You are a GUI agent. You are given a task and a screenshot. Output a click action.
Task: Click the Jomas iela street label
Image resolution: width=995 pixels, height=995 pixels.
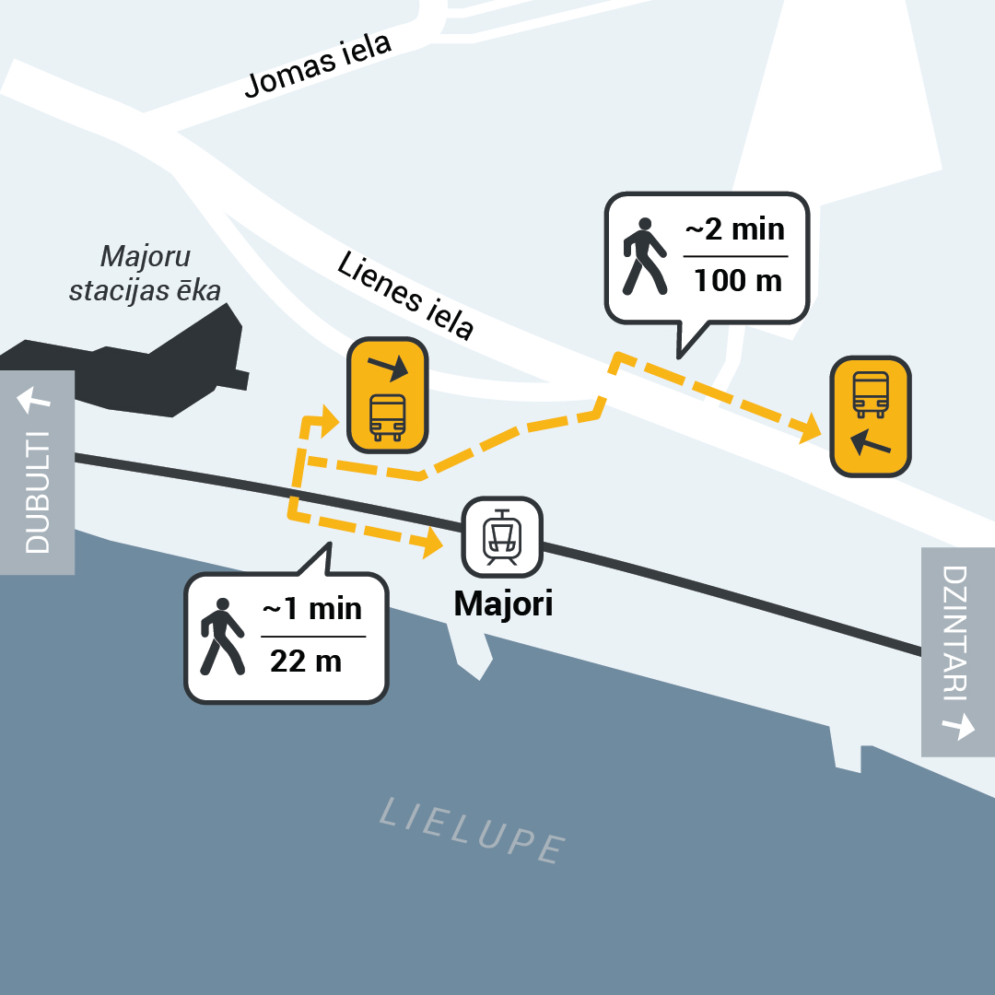click(319, 65)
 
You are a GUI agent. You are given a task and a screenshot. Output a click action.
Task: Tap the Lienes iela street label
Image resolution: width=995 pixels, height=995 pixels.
click(405, 295)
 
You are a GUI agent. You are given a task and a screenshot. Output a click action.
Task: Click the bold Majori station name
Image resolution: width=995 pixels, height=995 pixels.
click(503, 603)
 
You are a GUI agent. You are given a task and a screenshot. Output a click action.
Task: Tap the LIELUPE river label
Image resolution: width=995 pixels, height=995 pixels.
click(473, 830)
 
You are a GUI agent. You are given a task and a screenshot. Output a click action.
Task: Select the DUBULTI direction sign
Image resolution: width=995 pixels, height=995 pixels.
click(37, 472)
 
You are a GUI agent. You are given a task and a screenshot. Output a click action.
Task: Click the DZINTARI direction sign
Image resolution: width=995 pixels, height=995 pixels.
click(957, 651)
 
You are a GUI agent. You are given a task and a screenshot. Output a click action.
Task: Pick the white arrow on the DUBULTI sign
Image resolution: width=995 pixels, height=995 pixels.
click(34, 400)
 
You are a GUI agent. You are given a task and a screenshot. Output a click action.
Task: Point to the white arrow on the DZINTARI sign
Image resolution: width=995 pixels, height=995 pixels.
click(958, 727)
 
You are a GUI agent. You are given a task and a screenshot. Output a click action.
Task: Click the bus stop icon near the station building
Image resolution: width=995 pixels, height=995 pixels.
click(387, 396)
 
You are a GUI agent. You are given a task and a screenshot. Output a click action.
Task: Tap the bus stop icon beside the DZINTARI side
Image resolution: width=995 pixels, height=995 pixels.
click(871, 416)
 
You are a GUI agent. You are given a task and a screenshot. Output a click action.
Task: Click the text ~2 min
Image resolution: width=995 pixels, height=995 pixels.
click(734, 228)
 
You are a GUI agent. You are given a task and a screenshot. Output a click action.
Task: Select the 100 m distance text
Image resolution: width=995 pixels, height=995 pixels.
click(737, 279)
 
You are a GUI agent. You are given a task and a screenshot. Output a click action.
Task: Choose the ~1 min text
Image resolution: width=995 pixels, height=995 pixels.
click(312, 609)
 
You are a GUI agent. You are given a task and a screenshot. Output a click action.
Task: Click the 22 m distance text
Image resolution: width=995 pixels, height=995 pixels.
click(306, 661)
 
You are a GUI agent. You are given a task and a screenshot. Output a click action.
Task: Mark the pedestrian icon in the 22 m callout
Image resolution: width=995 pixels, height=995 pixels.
click(221, 636)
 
